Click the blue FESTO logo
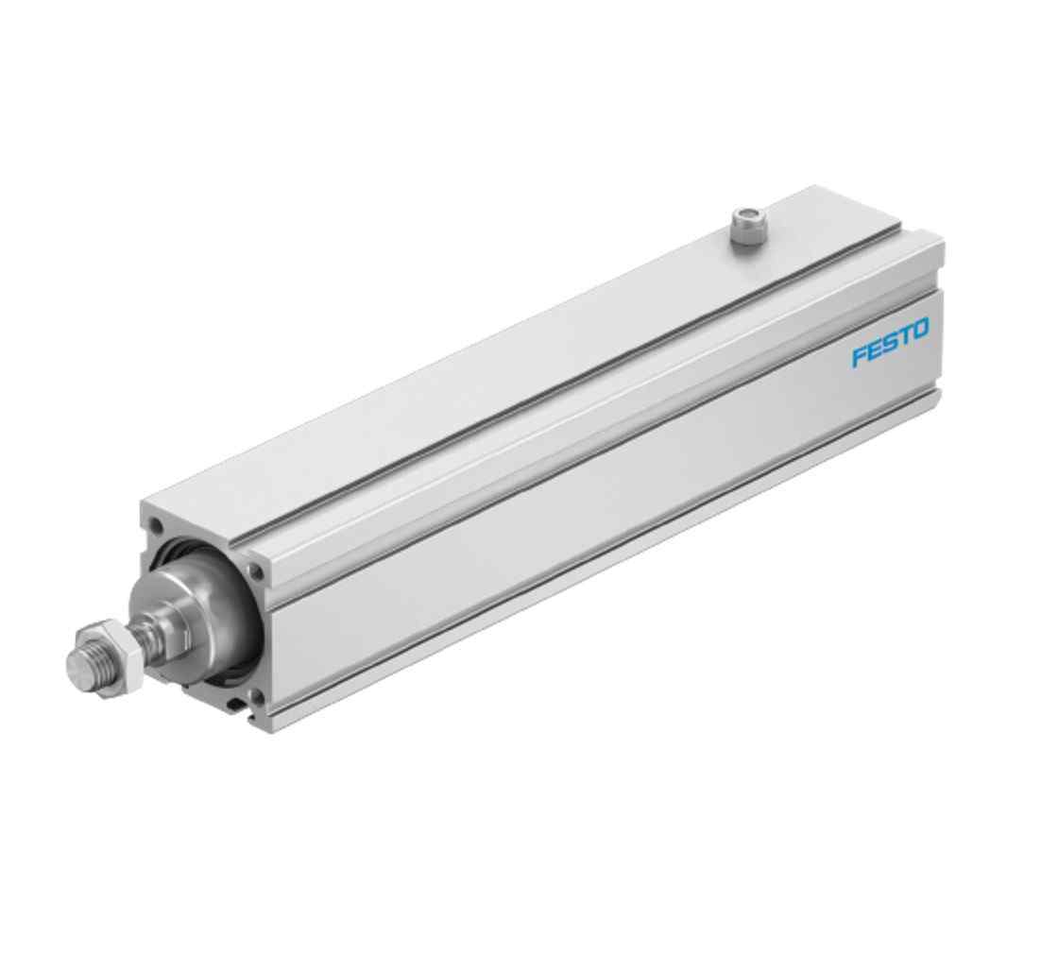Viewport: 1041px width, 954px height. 890,343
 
